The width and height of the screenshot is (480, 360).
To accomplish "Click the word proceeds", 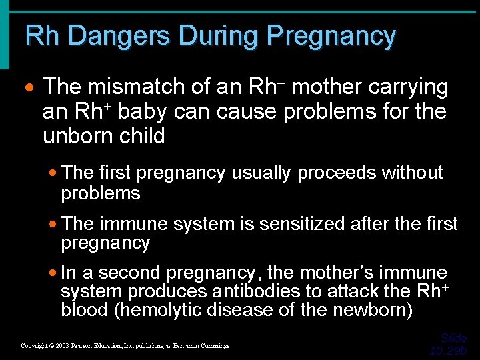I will (339, 173).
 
